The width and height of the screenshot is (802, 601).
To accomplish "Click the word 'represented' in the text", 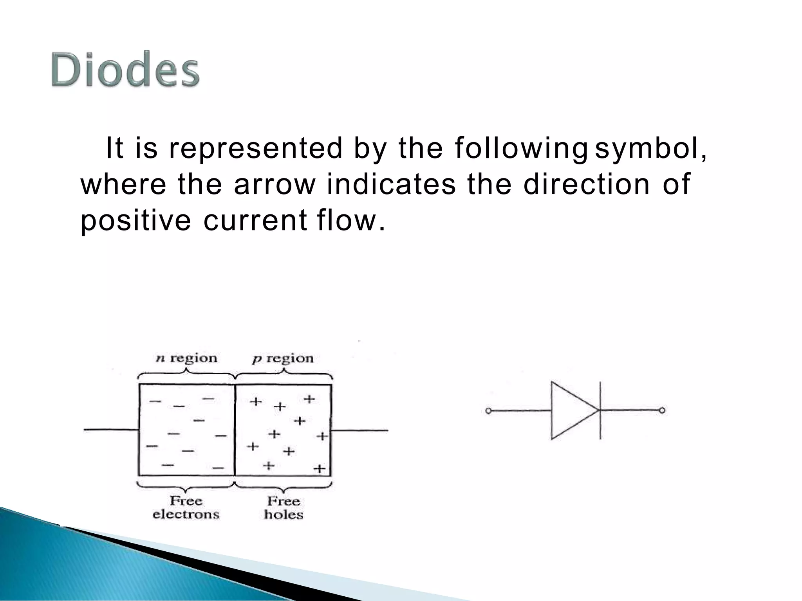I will [255, 149].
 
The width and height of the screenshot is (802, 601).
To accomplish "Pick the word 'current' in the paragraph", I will [255, 220].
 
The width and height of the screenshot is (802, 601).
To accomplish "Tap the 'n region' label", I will [186, 358].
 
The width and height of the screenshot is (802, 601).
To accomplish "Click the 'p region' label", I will [283, 358].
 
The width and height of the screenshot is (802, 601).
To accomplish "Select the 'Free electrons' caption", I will [186, 507].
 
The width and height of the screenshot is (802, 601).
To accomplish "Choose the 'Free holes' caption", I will [284, 507].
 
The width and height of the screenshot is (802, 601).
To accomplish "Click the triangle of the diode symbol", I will [570, 410].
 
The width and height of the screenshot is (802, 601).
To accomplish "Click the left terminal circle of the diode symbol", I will [488, 411].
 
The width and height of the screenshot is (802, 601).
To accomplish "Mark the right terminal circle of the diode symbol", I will [662, 410].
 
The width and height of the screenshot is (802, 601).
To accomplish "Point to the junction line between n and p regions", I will [235, 430].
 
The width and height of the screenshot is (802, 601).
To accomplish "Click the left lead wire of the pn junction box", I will [111, 430].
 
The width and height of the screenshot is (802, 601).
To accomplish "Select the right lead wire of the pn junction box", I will [359, 430].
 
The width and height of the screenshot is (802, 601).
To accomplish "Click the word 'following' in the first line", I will [521, 149].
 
